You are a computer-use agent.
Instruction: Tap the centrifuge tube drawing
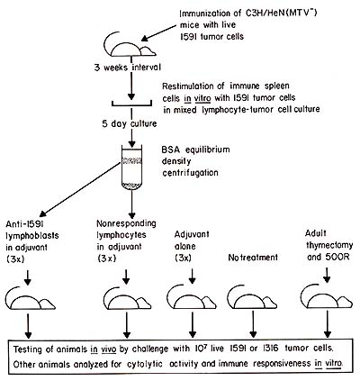131,168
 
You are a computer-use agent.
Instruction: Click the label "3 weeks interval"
128,68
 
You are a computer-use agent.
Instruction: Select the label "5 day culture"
130,123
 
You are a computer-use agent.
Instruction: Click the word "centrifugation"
190,173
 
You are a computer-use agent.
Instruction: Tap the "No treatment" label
253,258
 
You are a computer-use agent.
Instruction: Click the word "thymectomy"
329,245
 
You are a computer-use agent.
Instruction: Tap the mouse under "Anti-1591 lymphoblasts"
31,298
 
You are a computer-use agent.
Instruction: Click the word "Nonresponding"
126,223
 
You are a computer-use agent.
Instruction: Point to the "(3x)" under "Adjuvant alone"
183,258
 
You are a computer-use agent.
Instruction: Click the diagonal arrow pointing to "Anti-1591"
80,189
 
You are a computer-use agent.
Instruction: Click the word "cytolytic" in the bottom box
145,364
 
